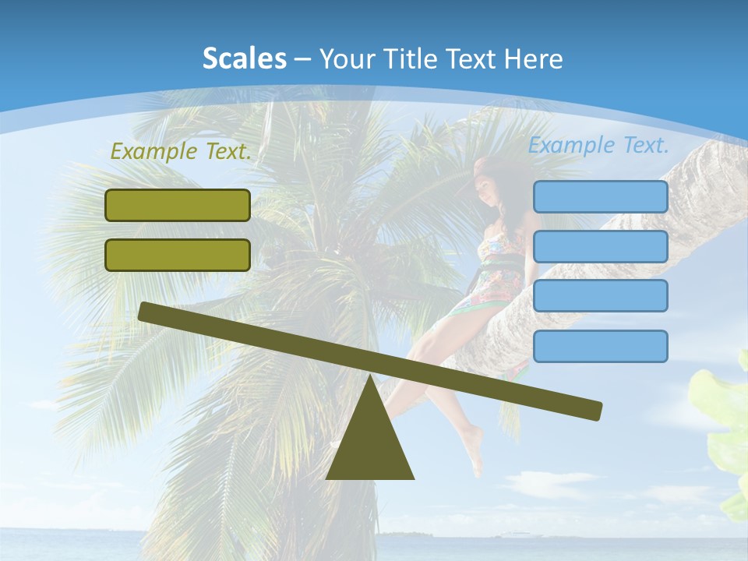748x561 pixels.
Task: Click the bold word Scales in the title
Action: [245, 58]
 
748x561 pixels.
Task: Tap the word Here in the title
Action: [532, 58]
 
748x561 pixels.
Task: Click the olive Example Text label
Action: [181, 152]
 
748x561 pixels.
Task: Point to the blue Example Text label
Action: [598, 145]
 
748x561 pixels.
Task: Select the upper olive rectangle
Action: [178, 205]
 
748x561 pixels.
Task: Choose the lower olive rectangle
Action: [178, 255]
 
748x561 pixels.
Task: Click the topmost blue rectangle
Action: [600, 196]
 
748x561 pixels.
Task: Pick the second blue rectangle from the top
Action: [600, 246]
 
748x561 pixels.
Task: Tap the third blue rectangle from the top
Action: [600, 295]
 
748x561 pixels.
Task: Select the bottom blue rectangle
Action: [600, 346]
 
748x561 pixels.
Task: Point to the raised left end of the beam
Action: [148, 311]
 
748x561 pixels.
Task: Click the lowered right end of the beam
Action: [592, 409]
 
